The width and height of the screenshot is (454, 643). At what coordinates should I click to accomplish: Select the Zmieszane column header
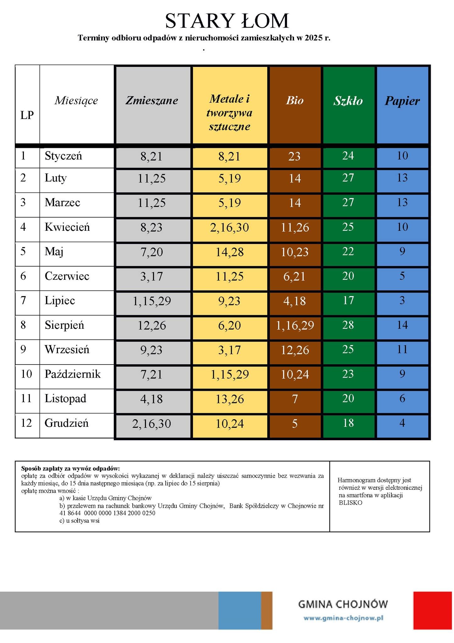[x=152, y=100]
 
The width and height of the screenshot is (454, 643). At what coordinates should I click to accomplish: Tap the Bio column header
[x=295, y=100]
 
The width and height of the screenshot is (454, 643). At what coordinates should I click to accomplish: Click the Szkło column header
[x=348, y=101]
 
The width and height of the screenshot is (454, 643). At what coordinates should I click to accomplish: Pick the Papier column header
[x=402, y=101]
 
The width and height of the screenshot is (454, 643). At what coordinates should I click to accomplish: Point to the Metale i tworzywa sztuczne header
[x=230, y=112]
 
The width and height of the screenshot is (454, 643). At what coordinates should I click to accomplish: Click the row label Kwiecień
[x=67, y=227]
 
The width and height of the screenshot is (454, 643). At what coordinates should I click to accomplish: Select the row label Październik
[x=73, y=374]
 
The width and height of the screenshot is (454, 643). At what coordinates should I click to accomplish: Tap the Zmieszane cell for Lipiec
[x=152, y=301]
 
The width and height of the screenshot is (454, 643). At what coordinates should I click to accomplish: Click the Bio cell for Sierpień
[x=295, y=325]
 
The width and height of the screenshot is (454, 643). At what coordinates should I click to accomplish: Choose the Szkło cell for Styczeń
[x=348, y=156]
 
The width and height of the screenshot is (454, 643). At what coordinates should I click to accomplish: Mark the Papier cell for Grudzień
[x=402, y=423]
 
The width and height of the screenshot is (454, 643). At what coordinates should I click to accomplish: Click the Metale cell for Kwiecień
[x=230, y=227]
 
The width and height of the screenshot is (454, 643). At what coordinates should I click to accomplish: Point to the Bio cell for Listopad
[x=295, y=399]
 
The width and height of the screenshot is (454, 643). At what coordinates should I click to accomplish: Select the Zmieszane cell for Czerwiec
[x=152, y=277]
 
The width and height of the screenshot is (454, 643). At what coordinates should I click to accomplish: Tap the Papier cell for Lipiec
[x=402, y=300]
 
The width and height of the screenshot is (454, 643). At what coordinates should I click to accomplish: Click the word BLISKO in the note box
[x=351, y=503]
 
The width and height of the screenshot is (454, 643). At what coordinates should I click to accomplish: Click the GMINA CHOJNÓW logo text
[x=343, y=604]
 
